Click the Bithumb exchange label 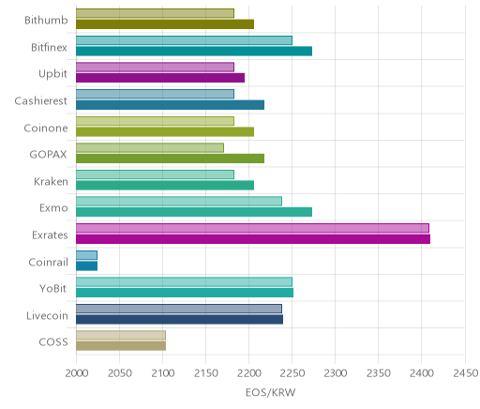pos(46,20)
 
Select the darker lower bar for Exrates pos(253,239)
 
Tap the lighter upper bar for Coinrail pos(86,255)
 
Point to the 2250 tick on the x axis pos(292,372)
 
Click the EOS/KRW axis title pos(270,392)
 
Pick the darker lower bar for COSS pos(121,346)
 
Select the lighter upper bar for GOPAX pos(150,148)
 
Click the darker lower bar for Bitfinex pos(194,52)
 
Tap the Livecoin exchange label pos(47,315)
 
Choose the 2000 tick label pos(77,372)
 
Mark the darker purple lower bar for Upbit pos(160,78)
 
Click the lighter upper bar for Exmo pos(179,201)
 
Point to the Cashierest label pos(41,100)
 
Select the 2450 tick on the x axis pos(466,372)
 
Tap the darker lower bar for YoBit pos(185,293)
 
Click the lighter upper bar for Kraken pos(155,174)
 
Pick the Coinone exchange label pos(46,128)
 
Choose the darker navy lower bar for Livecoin pos(179,320)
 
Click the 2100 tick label pos(162,372)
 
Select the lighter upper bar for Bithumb pos(155,13)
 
